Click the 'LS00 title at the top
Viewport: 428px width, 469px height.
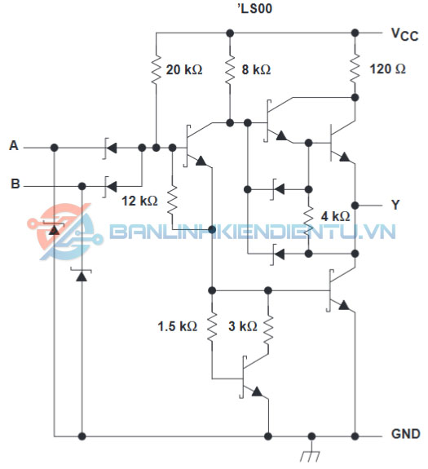255,8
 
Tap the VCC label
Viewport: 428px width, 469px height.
404,34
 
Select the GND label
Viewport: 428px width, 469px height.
406,434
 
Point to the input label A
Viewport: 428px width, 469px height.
14,146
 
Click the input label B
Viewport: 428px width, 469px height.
15,184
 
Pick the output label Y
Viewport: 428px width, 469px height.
395,205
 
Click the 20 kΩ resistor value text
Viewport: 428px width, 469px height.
184,69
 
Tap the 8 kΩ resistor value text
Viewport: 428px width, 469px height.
256,69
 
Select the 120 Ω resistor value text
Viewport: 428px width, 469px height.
388,69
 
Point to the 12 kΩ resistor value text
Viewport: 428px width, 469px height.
139,201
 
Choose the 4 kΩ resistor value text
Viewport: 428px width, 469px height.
335,216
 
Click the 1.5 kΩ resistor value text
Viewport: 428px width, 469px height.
177,326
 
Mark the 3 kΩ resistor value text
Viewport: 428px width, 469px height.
243,326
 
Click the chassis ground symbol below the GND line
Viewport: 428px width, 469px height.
311,454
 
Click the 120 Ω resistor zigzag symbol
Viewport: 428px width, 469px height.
355,69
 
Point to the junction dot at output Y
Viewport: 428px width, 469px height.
355,206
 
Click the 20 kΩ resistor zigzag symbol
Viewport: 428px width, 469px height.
156,69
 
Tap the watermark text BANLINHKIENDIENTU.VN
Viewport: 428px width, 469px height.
253,231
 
